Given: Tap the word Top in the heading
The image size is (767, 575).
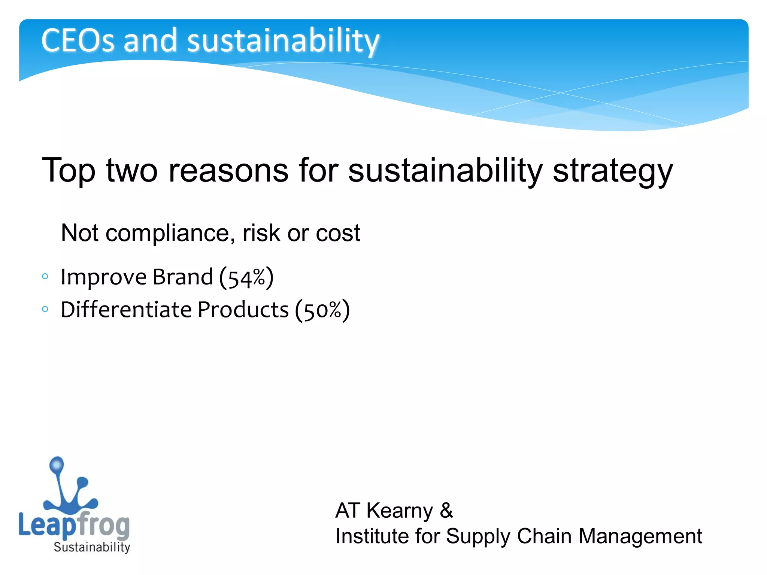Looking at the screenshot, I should (69, 171).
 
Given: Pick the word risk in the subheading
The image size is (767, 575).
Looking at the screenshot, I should (261, 233).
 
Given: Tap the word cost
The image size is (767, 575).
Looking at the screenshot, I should (338, 233).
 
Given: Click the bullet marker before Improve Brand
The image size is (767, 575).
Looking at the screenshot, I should (45, 277).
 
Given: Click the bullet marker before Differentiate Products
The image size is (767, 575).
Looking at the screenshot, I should (45, 309).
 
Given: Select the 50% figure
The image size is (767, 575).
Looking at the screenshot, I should (322, 310).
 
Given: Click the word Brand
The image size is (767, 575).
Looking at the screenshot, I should (183, 277).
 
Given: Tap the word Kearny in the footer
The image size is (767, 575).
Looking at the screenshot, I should (399, 511).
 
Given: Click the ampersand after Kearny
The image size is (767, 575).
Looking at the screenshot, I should (446, 511).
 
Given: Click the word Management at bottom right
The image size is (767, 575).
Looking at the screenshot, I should (640, 536).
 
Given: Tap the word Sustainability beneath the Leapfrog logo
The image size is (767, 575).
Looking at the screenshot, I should (92, 547).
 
